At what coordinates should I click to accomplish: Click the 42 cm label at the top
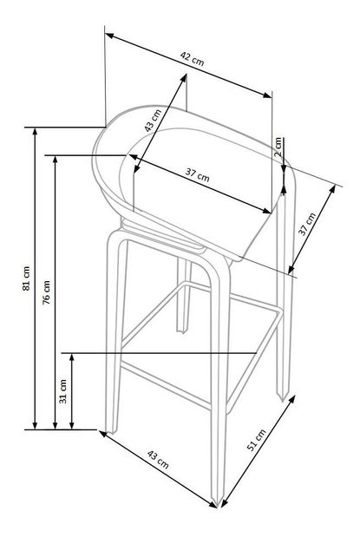pos(192,58)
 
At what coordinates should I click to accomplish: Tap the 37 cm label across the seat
pos(198,174)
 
